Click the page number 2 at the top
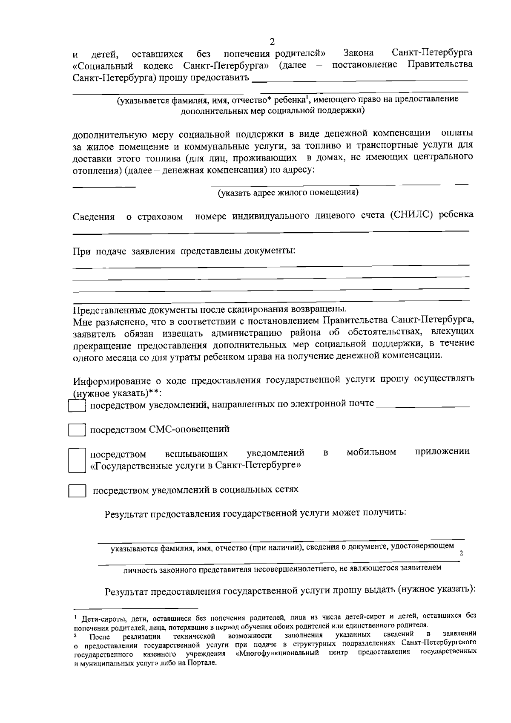click(272, 42)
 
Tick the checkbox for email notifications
click(78, 405)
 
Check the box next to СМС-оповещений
click(78, 430)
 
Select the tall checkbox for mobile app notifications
click(77, 460)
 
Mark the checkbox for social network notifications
click(78, 491)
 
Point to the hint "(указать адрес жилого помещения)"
click(288, 193)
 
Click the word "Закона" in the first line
click(359, 53)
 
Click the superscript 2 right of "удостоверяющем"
click(461, 553)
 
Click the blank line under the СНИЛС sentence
click(271, 231)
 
